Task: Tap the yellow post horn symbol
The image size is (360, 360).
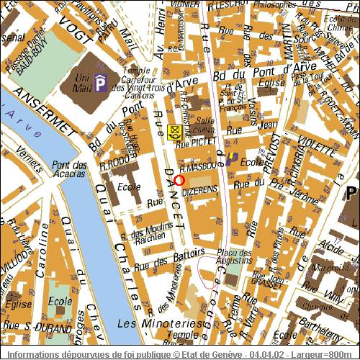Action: [x=174, y=132]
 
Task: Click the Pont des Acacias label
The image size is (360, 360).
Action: [x=70, y=169]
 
